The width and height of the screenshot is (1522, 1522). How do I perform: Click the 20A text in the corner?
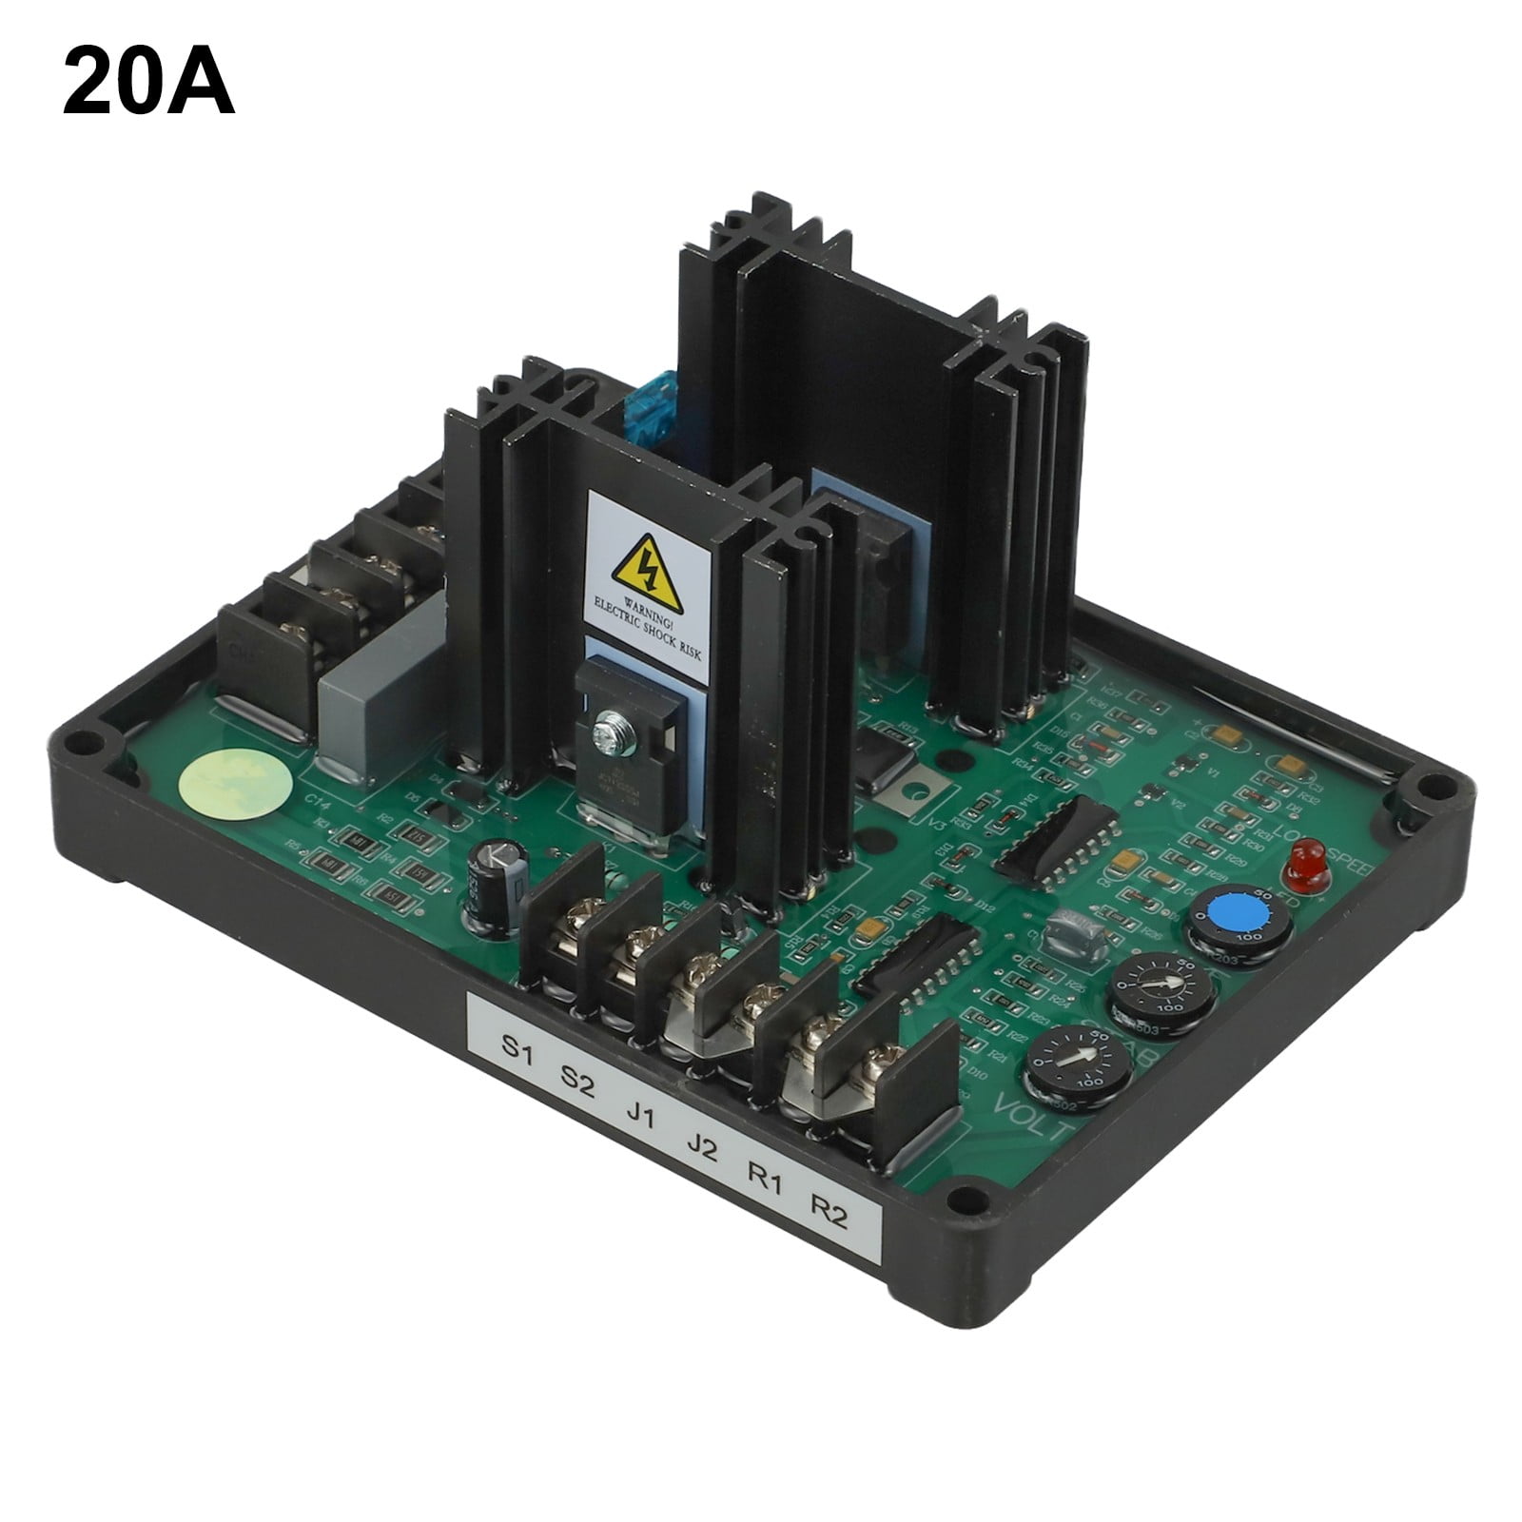click(x=148, y=84)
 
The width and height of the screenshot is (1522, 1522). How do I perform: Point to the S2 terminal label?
click(x=576, y=1081)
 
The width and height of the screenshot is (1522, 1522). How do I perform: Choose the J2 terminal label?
click(x=701, y=1148)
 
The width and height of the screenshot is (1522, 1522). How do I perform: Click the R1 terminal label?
click(x=764, y=1180)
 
